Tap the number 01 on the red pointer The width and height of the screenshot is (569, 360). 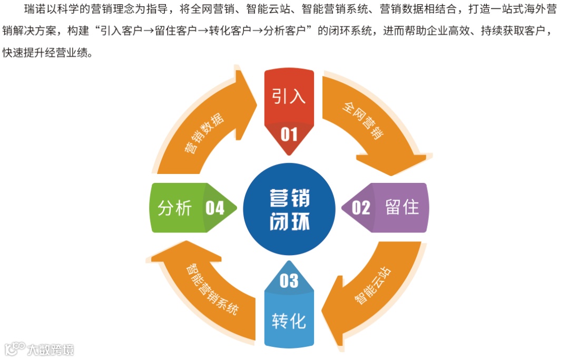click(289, 135)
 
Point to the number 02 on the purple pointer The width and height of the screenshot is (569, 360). click(361, 208)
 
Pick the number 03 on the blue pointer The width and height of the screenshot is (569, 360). click(289, 281)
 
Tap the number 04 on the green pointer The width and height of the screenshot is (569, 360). click(215, 208)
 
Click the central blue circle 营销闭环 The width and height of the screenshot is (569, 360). click(289, 208)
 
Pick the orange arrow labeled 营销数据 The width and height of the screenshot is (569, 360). click(205, 132)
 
